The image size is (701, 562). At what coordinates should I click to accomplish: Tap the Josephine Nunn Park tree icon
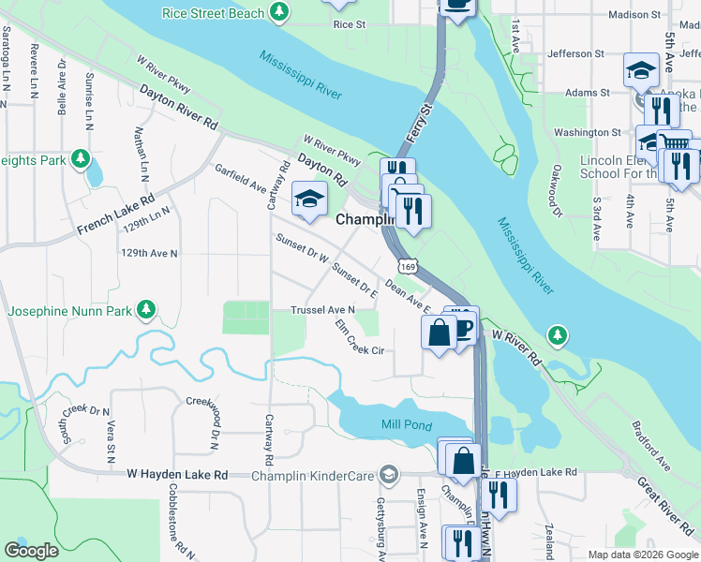pyautogui.click(x=145, y=309)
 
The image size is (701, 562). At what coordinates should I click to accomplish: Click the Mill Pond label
pyautogui.click(x=407, y=426)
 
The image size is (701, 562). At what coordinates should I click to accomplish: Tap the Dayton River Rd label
pyautogui.click(x=178, y=109)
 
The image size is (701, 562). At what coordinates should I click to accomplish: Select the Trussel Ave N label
pyautogui.click(x=323, y=310)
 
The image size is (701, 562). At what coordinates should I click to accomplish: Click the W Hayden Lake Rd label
pyautogui.click(x=177, y=475)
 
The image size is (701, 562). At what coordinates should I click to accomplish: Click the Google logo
pyautogui.click(x=32, y=551)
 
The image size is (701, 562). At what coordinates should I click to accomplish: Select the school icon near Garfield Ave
pyautogui.click(x=307, y=198)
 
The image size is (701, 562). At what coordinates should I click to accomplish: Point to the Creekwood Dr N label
pyautogui.click(x=201, y=418)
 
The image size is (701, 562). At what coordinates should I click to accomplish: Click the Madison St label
pyautogui.click(x=634, y=14)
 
